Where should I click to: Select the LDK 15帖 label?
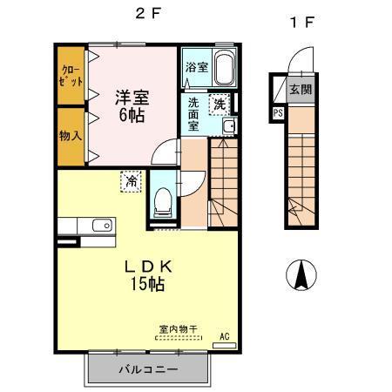pyautogui.click(x=144, y=273)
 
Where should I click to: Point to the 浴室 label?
pyautogui.click(x=195, y=67)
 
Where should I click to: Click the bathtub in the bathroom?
pyautogui.click(x=224, y=67)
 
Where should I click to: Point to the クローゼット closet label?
pyautogui.click(x=71, y=75)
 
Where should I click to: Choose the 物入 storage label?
pyautogui.click(x=71, y=135)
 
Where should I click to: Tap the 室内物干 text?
pyautogui.click(x=178, y=328)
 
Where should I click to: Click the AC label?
pyautogui.click(x=224, y=336)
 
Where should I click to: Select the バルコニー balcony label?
pyautogui.click(x=148, y=369)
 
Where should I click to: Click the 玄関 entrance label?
pyautogui.click(x=301, y=89)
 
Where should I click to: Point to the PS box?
pyautogui.click(x=278, y=112)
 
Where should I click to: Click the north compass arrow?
pyautogui.click(x=301, y=276)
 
